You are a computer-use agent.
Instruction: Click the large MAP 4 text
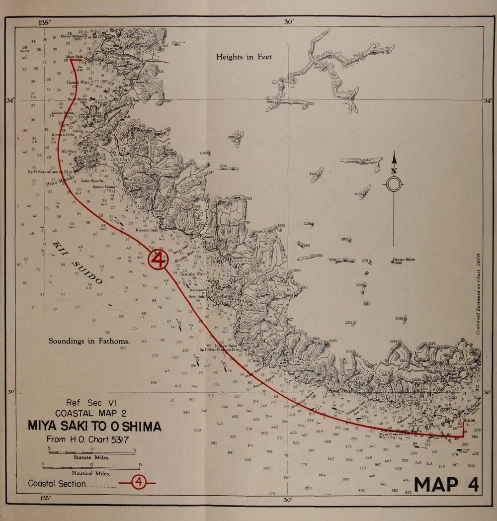[x=446, y=484]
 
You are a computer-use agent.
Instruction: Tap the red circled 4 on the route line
[x=158, y=260]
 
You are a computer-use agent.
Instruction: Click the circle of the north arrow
[x=394, y=184]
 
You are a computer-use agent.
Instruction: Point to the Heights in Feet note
[x=244, y=57]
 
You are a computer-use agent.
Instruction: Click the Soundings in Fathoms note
[x=89, y=341]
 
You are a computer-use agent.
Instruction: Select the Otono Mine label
[x=404, y=259]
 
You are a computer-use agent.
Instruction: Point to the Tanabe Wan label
[x=192, y=274]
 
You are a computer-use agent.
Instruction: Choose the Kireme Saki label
[x=147, y=230]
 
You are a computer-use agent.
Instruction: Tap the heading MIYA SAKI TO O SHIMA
[x=94, y=427]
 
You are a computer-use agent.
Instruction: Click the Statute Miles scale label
[x=91, y=456]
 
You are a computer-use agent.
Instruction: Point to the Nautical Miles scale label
[x=91, y=474]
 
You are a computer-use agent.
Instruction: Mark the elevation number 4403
[x=356, y=55]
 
